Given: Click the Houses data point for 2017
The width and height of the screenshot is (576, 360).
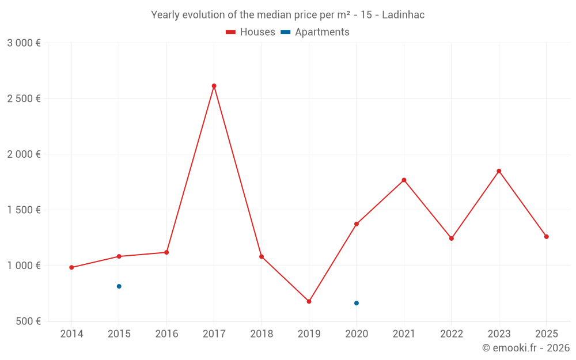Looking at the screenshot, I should pyautogui.click(x=214, y=86).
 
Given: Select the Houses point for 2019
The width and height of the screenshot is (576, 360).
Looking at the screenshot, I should pyautogui.click(x=309, y=301).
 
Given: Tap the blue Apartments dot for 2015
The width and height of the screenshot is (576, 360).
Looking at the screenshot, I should pyautogui.click(x=119, y=286).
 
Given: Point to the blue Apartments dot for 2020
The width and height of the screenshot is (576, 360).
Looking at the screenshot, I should pyautogui.click(x=357, y=303).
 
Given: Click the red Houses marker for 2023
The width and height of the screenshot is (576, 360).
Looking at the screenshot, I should pyautogui.click(x=499, y=171).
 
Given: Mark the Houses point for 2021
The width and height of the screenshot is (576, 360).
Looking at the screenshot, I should pyautogui.click(x=404, y=180).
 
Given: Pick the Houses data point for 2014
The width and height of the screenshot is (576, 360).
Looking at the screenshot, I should pyautogui.click(x=71, y=267).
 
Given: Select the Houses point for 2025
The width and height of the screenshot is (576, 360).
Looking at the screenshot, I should pyautogui.click(x=547, y=237).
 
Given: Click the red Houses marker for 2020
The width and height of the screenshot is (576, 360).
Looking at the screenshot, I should pyautogui.click(x=357, y=224).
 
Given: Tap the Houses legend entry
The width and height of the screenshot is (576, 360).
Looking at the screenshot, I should pyautogui.click(x=251, y=32).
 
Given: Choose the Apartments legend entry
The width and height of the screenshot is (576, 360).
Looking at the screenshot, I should pyautogui.click(x=315, y=32).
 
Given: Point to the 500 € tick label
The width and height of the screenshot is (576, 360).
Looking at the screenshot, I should pyautogui.click(x=28, y=321).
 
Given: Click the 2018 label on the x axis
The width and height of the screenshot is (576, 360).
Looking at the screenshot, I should pyautogui.click(x=262, y=334).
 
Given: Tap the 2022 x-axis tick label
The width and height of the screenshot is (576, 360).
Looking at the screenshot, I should pyautogui.click(x=452, y=334).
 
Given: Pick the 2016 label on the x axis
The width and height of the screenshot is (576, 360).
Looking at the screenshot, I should pyautogui.click(x=166, y=334).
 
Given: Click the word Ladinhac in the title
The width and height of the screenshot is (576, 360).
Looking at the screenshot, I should pyautogui.click(x=403, y=15).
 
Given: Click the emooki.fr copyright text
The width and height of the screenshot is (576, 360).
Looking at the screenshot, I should pyautogui.click(x=525, y=348).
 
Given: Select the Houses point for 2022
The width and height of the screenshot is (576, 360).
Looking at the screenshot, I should pyautogui.click(x=452, y=238).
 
